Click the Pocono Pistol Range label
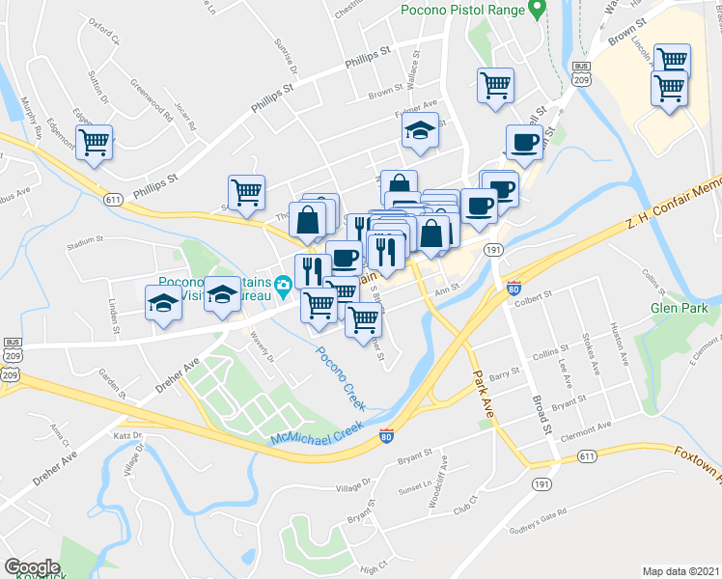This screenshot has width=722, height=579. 462,11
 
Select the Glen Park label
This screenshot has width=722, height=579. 680,308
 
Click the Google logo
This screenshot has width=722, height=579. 31,566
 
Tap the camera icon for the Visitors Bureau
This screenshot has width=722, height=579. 283,284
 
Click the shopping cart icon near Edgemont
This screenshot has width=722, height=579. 95,143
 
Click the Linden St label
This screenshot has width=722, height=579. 113,317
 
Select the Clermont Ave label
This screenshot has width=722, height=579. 592,427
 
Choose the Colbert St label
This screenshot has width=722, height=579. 532,295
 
